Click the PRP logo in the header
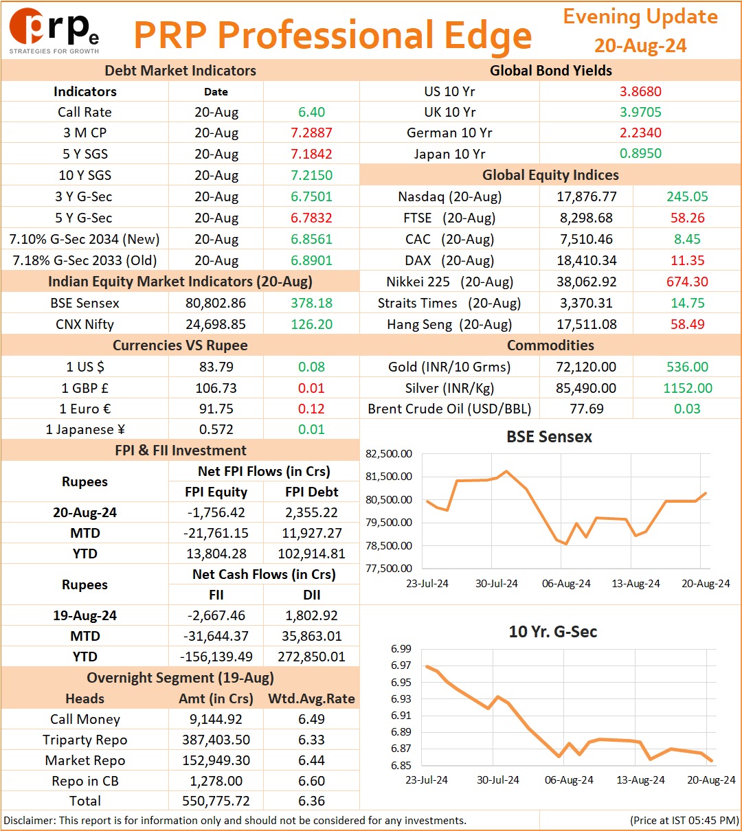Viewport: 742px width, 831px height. (x=54, y=31)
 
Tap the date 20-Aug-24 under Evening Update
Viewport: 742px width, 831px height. (x=640, y=45)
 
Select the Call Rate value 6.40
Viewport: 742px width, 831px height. (x=311, y=112)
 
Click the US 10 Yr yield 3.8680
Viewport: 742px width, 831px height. (x=640, y=91)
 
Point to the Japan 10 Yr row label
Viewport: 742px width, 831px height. (x=449, y=154)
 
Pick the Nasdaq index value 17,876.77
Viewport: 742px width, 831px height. (x=587, y=196)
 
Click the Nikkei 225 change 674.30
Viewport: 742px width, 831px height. (x=687, y=282)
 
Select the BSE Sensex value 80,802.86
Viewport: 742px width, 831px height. (x=216, y=303)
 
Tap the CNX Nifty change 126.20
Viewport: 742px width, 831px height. (x=311, y=324)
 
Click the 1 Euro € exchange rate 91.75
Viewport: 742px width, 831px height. (x=216, y=409)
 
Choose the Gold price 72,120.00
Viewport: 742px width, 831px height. (x=586, y=367)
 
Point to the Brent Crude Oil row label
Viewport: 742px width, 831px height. (x=449, y=409)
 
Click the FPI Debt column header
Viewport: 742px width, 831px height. (x=311, y=492)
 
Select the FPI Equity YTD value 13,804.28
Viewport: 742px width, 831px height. (x=216, y=554)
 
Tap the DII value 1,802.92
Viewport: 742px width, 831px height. (x=311, y=615)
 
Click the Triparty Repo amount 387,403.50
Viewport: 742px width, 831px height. (x=216, y=740)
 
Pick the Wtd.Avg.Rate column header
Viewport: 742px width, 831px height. (x=311, y=698)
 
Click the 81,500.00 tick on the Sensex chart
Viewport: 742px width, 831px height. (x=389, y=477)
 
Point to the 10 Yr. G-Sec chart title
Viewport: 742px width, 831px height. (x=553, y=632)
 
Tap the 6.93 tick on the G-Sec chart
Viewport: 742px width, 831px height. (x=401, y=698)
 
